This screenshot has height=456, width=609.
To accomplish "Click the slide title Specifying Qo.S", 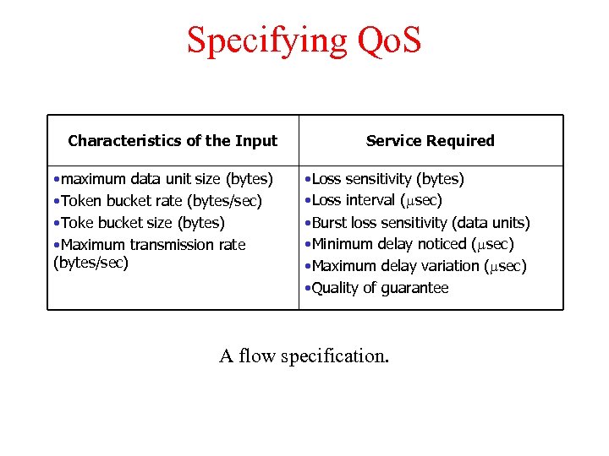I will click(304, 40).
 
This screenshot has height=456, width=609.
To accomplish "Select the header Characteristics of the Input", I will click(173, 141).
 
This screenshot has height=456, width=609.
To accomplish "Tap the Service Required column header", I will click(430, 141).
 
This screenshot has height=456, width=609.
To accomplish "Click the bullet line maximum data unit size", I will click(162, 179).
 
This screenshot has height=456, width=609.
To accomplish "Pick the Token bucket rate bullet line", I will click(156, 201).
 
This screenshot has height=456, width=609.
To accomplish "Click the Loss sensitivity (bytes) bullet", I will click(384, 179).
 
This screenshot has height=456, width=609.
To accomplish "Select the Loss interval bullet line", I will click(373, 201).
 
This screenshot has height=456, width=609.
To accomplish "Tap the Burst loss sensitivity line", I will click(417, 223).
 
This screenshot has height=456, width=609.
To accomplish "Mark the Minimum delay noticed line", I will click(409, 245).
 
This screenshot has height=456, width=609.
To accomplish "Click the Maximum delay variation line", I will click(414, 266).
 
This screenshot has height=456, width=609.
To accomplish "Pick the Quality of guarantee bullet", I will click(376, 288).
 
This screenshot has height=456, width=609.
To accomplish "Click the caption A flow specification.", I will click(304, 356).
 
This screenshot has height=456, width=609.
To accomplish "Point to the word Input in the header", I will click(256, 141).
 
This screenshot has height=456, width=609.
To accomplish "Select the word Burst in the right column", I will click(328, 223).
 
